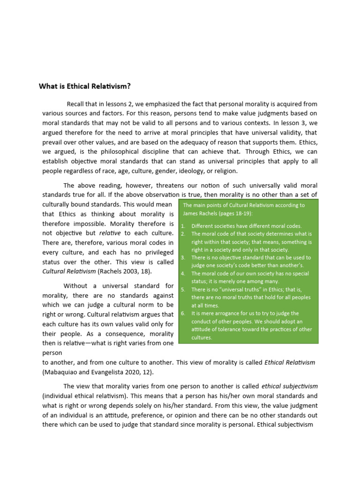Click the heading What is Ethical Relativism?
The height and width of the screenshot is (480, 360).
click(84, 86)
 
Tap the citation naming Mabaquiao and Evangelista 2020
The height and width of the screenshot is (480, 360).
click(97, 372)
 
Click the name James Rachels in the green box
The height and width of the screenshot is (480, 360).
click(199, 214)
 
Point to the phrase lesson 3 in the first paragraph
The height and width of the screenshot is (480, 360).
click(290, 123)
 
